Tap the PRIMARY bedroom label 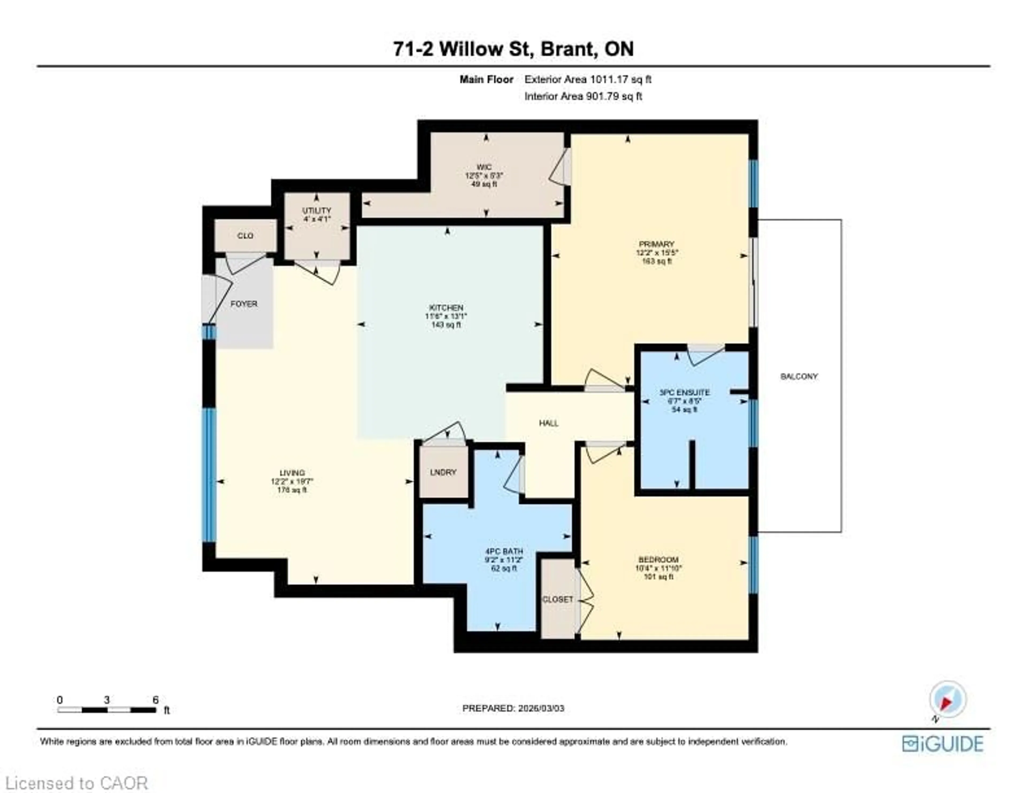(x=657, y=244)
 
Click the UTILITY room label (x=316, y=210)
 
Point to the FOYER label (x=244, y=304)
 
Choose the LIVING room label (x=292, y=473)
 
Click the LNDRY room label (x=443, y=472)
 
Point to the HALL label (x=548, y=423)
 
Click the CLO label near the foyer (x=245, y=235)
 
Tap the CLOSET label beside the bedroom (x=557, y=599)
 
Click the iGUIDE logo (x=942, y=744)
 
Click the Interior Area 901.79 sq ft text (x=583, y=96)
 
